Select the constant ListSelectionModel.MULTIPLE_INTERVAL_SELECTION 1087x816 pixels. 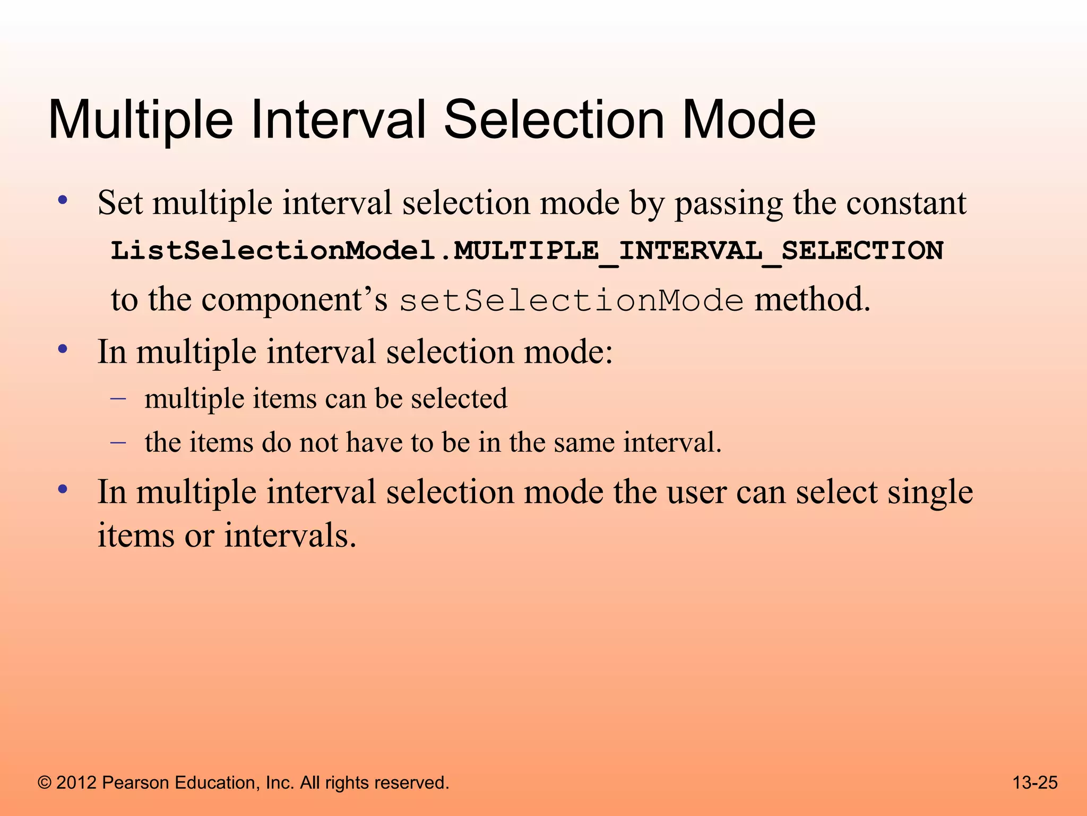pos(527,250)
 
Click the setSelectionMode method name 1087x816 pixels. pos(571,301)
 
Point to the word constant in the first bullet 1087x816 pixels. pos(906,203)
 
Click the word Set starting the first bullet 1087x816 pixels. pos(120,203)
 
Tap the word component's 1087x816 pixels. pos(295,300)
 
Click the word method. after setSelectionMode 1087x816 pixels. pos(813,300)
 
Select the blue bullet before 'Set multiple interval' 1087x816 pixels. pos(63,201)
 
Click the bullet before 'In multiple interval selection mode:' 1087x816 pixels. pos(63,350)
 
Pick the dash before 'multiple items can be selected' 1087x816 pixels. pos(118,398)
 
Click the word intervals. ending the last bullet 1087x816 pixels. pos(290,535)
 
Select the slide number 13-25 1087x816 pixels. pos(1034,783)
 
